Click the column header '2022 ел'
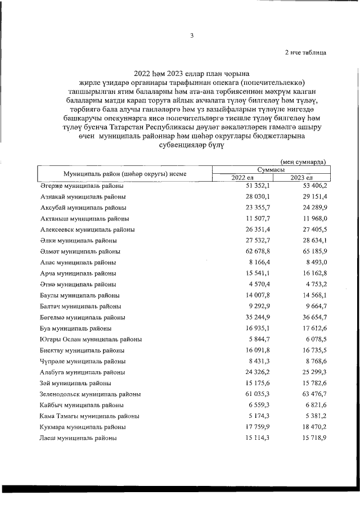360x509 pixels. pos(242,178)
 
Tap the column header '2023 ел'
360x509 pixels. pos(301,178)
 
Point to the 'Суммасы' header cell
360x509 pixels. pos(271,169)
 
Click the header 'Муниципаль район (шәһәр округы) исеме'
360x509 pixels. pos(125,174)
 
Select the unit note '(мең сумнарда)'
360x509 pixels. pos(303,161)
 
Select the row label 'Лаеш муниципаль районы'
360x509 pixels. pos(78,438)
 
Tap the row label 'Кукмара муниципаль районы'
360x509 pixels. pos(83,427)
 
